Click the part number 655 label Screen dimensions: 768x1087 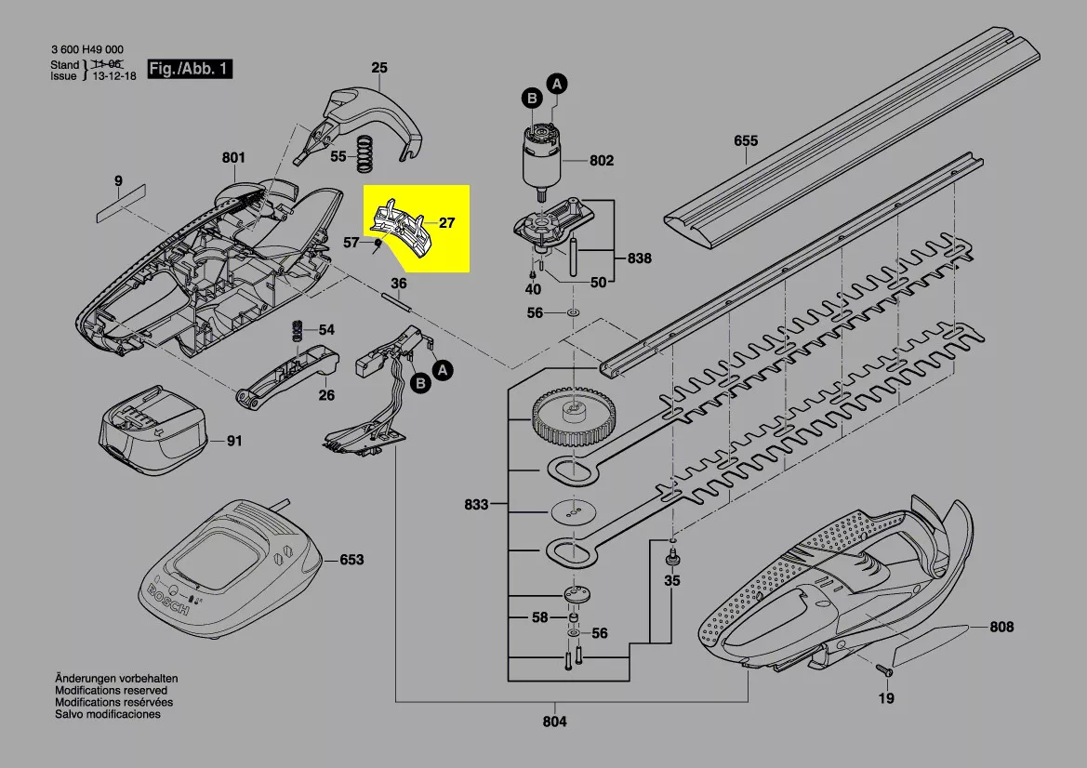point(746,141)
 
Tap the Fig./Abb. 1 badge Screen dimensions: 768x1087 point(190,70)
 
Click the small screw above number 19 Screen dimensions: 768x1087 point(885,670)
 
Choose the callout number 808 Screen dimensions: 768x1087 point(1001,628)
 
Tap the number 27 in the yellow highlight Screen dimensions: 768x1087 point(447,223)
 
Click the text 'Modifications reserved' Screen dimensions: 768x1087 point(111,691)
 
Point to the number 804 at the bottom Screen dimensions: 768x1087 point(554,722)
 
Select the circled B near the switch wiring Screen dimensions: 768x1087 point(419,382)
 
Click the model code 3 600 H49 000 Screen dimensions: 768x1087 point(86,50)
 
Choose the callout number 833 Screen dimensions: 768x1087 point(476,506)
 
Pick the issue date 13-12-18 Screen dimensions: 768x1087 point(114,76)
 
